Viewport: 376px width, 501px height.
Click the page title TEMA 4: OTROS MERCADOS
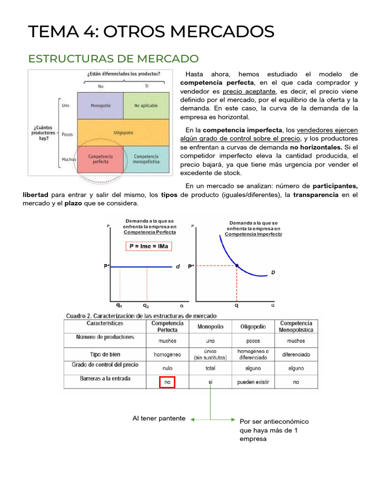pyautogui.click(x=151, y=32)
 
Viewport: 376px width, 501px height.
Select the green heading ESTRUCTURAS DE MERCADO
pyautogui.click(x=114, y=59)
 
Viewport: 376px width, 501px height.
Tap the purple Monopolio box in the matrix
pyautogui.click(x=100, y=106)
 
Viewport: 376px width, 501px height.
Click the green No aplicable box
pyautogui.click(x=146, y=106)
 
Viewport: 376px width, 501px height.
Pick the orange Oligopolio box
pyautogui.click(x=123, y=133)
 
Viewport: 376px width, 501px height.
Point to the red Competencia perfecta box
pyautogui.click(x=100, y=159)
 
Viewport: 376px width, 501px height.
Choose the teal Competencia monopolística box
pyautogui.click(x=146, y=159)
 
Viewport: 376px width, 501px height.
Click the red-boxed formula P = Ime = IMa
pyautogui.click(x=148, y=246)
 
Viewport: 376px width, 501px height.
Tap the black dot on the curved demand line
pyautogui.click(x=237, y=266)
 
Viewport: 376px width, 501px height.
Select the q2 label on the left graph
pyautogui.click(x=146, y=304)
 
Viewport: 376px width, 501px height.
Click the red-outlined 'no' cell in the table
pyautogui.click(x=167, y=382)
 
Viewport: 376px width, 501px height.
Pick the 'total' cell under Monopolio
pyautogui.click(x=210, y=368)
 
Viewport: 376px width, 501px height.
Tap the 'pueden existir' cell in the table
pyautogui.click(x=253, y=382)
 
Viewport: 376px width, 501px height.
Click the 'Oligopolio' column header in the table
pyautogui.click(x=253, y=327)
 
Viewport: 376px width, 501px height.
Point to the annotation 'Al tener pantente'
pyautogui.click(x=159, y=418)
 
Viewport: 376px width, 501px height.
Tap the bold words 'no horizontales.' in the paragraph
pyautogui.click(x=316, y=147)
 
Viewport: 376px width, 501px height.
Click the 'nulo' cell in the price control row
pyautogui.click(x=167, y=368)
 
